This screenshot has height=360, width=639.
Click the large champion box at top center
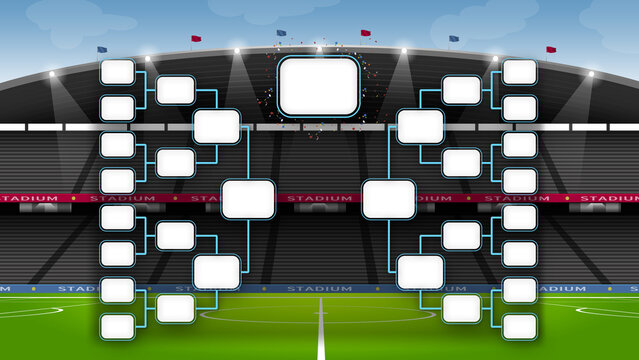click(319, 86)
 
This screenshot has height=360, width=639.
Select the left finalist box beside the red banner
click(248, 199)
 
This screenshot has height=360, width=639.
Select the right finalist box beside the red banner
click(389, 199)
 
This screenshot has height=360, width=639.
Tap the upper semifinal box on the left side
click(216, 126)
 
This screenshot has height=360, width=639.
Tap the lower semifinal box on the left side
click(216, 272)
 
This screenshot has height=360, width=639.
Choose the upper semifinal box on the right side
click(421, 126)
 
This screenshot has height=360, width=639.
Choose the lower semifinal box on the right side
click(421, 272)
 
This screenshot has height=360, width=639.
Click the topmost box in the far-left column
click(118, 72)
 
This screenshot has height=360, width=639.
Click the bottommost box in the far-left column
click(118, 326)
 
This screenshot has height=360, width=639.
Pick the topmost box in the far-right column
click(520, 72)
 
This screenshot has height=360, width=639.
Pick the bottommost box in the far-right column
click(520, 326)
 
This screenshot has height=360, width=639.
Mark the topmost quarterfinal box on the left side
click(176, 90)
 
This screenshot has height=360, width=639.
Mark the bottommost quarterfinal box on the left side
click(176, 308)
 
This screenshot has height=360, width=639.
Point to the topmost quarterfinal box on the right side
click(461, 90)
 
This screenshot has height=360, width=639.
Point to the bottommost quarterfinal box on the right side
click(461, 308)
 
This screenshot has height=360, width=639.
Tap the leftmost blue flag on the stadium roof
click(102, 49)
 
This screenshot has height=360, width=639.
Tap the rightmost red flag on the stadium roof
click(551, 49)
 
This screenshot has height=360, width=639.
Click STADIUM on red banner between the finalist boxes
click(319, 198)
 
